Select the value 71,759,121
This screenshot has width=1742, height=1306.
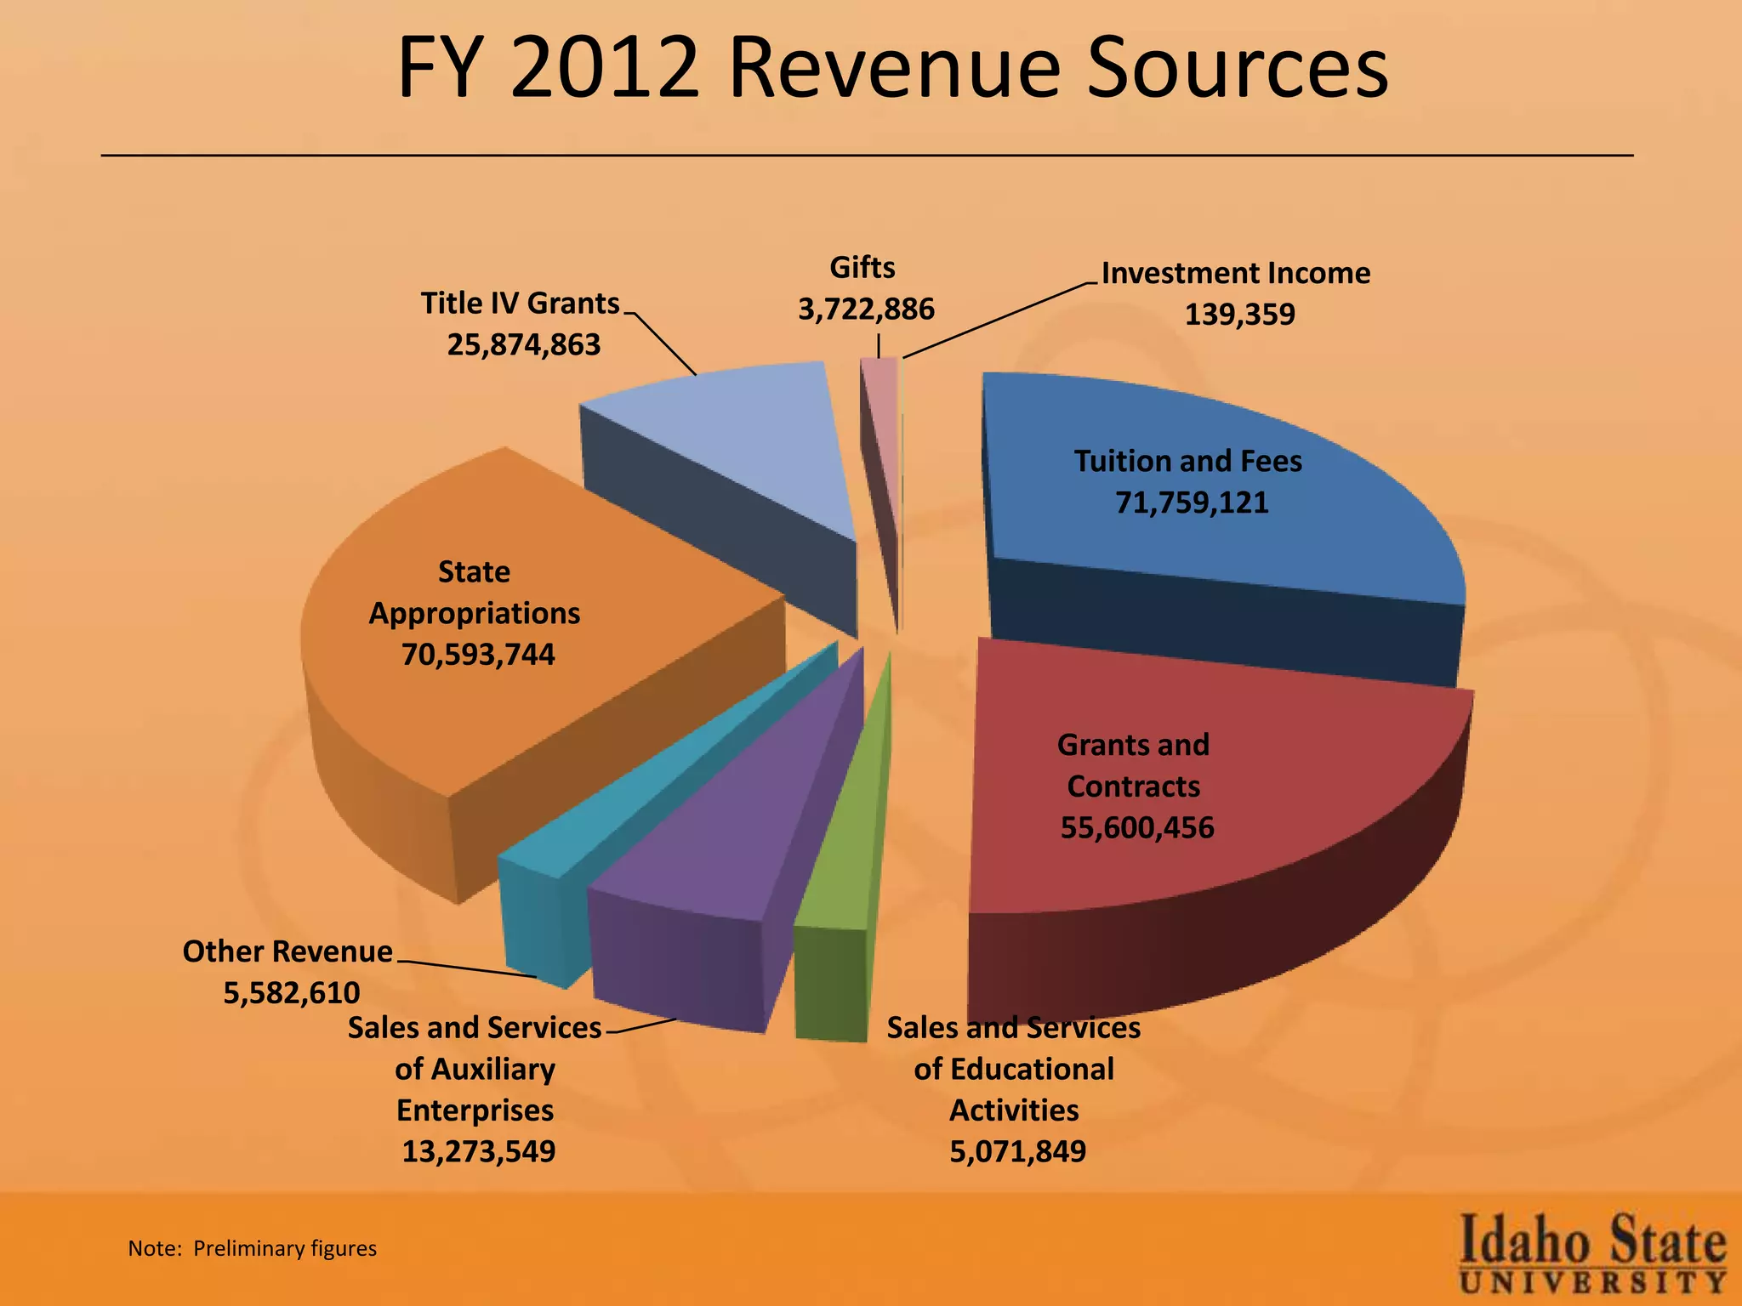point(1192,503)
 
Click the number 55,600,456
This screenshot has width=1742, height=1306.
point(1137,827)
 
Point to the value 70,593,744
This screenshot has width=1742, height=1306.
point(478,655)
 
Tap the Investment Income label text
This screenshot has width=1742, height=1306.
point(1235,274)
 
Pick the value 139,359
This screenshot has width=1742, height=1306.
point(1239,315)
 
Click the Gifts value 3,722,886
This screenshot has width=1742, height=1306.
point(866,309)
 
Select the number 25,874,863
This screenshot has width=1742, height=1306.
point(524,345)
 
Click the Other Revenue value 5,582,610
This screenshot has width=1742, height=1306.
point(292,992)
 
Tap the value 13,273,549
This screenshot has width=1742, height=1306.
point(478,1152)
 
